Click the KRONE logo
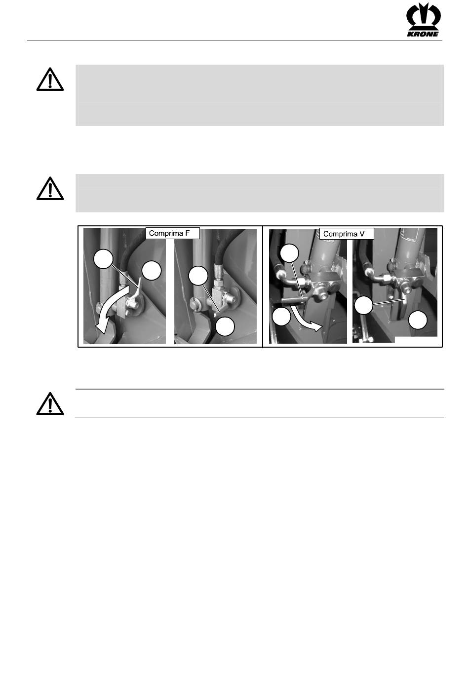coord(423,20)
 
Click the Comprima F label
coord(172,233)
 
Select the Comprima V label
coord(346,234)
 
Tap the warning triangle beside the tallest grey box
coord(50,79)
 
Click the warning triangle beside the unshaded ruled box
coord(50,404)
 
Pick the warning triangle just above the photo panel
coord(50,188)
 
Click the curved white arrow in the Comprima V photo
coord(306,319)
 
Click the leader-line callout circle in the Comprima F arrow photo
coord(103,259)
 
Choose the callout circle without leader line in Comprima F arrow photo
coord(152,271)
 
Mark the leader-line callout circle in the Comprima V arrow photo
coord(289,252)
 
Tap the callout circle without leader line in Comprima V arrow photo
coord(281,316)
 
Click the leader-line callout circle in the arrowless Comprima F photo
coord(198,276)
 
